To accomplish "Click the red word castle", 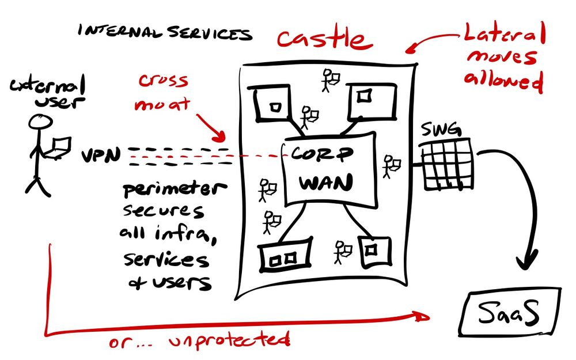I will click(x=321, y=39).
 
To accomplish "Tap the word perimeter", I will click(x=167, y=191).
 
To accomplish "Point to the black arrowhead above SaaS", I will click(x=528, y=263).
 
